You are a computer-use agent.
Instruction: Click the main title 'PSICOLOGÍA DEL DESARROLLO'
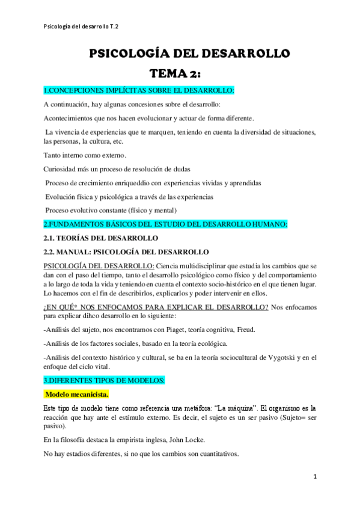tap(189, 54)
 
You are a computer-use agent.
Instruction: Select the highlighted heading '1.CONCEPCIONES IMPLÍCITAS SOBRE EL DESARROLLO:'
tap(139, 91)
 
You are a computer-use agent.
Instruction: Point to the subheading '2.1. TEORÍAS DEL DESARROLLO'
tap(99, 238)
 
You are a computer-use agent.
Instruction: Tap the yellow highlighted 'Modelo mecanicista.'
tap(78, 395)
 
